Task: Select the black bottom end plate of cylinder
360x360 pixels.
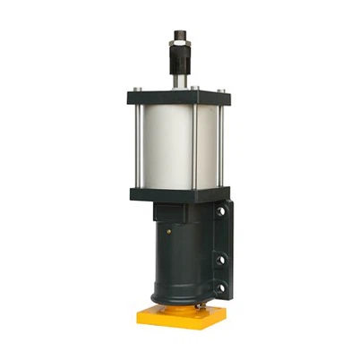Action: point(178,194)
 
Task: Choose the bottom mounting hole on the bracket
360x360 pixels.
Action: point(220,288)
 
